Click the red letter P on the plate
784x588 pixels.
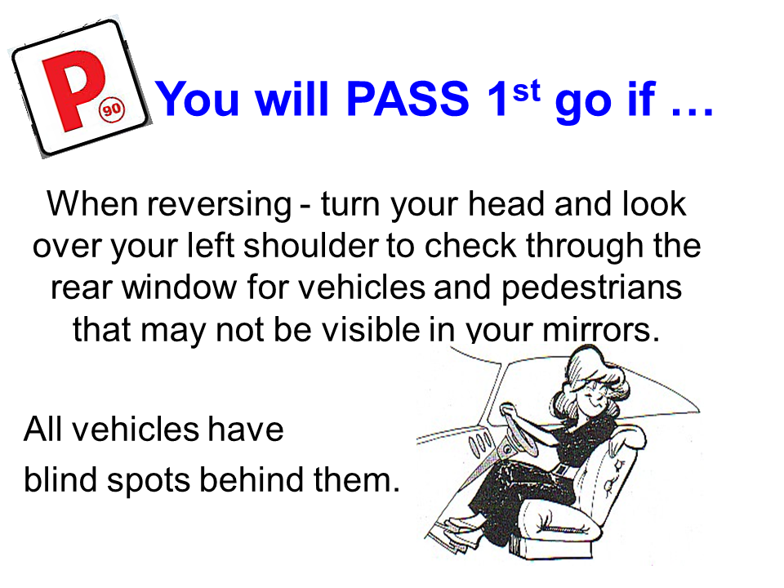tap(73, 90)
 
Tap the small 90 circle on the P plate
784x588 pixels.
tap(112, 109)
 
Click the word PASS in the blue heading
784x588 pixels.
tap(408, 99)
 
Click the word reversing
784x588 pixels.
tap(219, 205)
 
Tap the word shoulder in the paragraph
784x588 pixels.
tap(310, 246)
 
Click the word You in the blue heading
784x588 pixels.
tap(197, 99)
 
